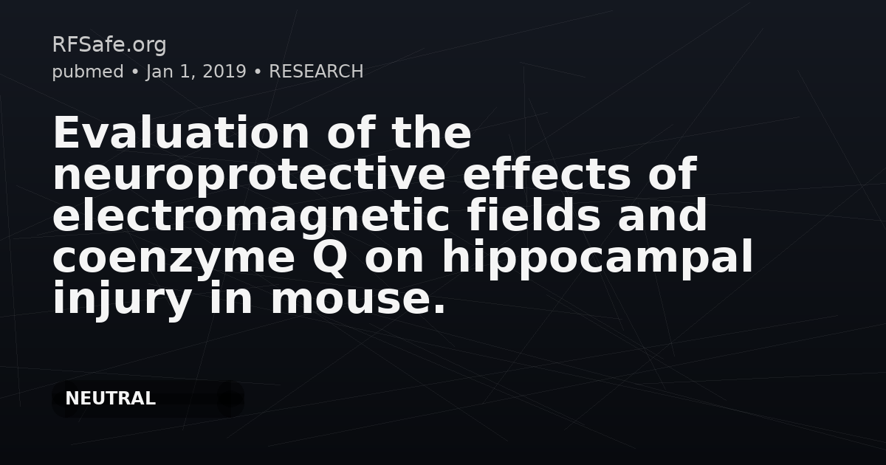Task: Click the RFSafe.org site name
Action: point(109,45)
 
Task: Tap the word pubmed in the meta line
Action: point(88,72)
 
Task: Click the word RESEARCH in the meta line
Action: point(316,72)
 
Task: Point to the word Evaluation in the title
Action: point(181,132)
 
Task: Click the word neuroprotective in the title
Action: point(250,175)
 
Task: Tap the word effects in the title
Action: point(546,173)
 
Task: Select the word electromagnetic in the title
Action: point(251,216)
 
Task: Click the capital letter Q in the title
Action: point(329,258)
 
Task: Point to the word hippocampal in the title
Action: point(597,258)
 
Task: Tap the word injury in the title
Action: point(123,300)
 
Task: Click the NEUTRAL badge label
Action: point(110,399)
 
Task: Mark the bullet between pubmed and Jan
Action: point(135,72)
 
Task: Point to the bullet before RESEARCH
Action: point(258,72)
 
